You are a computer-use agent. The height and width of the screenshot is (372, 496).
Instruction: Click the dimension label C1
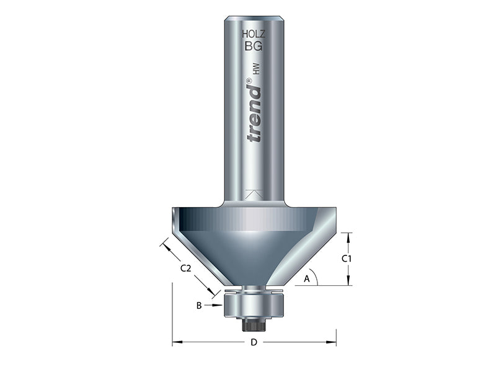(347, 258)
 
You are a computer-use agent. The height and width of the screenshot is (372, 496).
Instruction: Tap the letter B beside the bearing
(199, 305)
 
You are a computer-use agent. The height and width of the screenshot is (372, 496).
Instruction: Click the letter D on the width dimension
(254, 343)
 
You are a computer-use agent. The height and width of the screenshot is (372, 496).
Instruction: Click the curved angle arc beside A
(316, 277)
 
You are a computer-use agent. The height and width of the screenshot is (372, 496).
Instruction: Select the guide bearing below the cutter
(254, 305)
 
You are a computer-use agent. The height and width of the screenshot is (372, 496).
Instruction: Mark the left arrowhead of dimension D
(175, 342)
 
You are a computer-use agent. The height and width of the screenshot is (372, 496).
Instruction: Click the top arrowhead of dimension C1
(347, 236)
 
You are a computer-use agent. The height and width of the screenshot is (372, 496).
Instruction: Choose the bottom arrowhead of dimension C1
(347, 281)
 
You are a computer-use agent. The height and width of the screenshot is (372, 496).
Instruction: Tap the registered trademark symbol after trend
(249, 81)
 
